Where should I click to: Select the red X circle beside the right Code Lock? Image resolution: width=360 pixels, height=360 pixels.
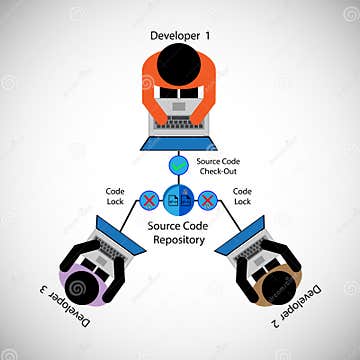click(x=209, y=202)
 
